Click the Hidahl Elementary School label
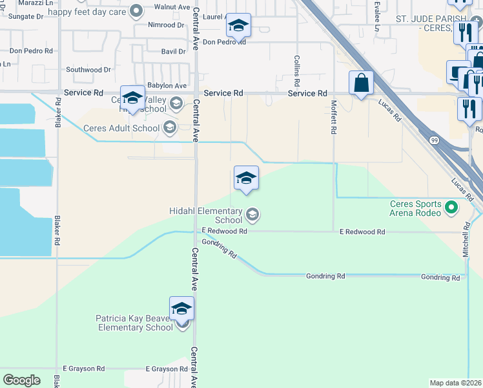pyautogui.click(x=205, y=215)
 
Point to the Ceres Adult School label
pyautogui.click(x=121, y=128)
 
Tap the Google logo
pyautogui.click(x=22, y=380)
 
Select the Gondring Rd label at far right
pyautogui.click(x=440, y=277)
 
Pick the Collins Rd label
pyautogui.click(x=297, y=72)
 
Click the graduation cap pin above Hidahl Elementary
pyautogui.click(x=246, y=178)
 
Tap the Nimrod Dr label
pyautogui.click(x=166, y=25)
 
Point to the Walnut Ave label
pyautogui.click(x=170, y=7)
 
